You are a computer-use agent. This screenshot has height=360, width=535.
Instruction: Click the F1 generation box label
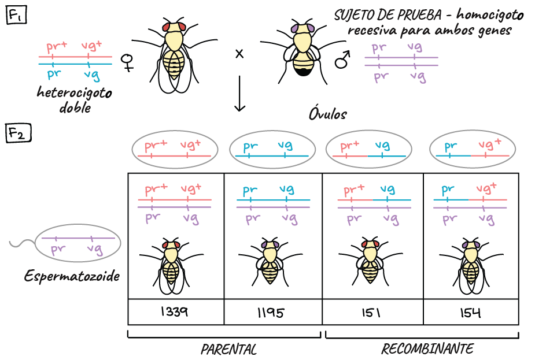pos(16,15)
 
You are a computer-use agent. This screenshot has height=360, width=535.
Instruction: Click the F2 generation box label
pos(18,132)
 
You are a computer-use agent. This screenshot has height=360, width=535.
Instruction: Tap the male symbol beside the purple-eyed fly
pos(342,60)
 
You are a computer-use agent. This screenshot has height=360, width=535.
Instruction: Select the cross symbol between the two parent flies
pos(239,54)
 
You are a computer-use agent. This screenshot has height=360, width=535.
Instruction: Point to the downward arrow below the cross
pos(239,94)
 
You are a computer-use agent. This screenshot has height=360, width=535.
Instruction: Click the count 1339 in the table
pos(174,311)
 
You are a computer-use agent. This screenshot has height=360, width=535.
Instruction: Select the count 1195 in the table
pos(271,313)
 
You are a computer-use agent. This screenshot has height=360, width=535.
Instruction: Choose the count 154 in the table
pos(470,313)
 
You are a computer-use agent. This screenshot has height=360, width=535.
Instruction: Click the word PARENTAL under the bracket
pos(228,350)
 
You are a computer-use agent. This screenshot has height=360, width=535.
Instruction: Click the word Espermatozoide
pos(72,276)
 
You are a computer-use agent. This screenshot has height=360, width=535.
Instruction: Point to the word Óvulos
pos(328,114)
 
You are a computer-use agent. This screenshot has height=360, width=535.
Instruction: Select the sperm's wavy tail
pos(22,243)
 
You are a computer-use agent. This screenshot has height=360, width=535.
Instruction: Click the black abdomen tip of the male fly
pos(302,72)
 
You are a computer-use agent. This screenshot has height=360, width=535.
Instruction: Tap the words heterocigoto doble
pos(75,100)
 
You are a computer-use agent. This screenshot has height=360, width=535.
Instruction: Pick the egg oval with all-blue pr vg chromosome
pos(272,149)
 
